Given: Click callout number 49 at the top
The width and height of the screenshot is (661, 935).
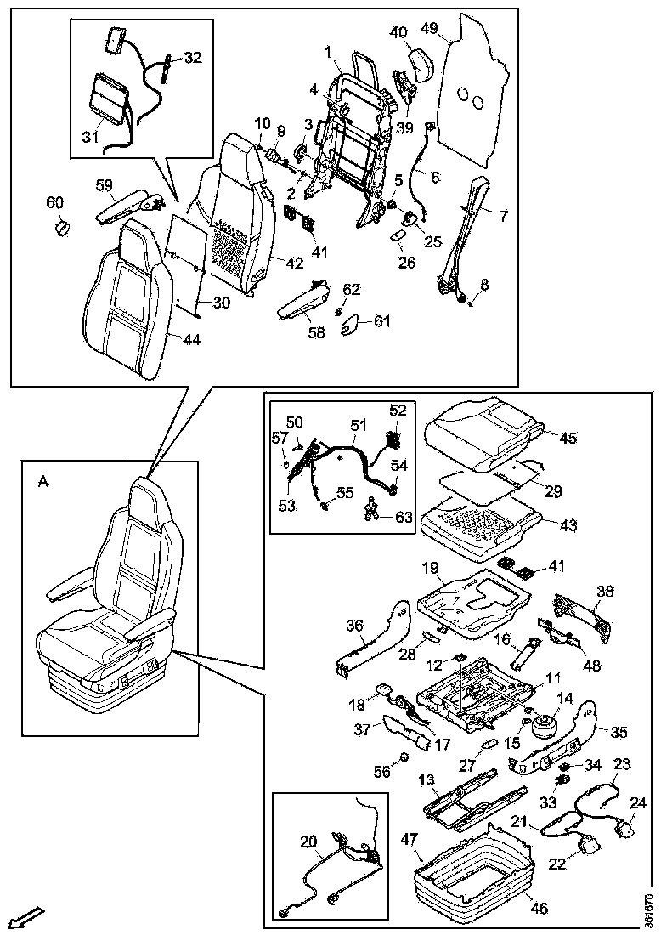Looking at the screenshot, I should pos(429,28).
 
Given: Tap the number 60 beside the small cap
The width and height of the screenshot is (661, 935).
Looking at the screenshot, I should pos(54,202).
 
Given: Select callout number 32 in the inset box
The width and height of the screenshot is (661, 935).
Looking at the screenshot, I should pos(193,58).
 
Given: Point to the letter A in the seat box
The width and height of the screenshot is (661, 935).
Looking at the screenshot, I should pos(43,481).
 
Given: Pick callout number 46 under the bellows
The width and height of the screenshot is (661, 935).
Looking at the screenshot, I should pos(539,908).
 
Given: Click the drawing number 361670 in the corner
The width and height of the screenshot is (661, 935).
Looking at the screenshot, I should pos(649,909).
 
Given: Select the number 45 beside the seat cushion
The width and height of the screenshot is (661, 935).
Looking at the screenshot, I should pos(568,439).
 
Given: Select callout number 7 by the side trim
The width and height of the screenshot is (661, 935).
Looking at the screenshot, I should pos(503,216).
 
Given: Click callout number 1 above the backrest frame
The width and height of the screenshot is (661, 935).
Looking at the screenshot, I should pos(328,51).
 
